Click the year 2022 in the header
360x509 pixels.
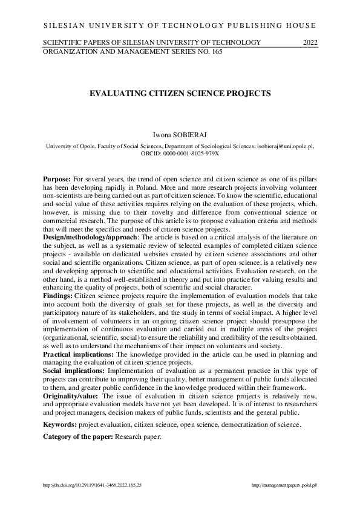click(x=309, y=42)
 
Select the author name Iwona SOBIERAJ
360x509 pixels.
click(x=180, y=136)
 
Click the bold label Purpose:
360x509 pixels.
click(x=57, y=181)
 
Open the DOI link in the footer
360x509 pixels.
click(x=92, y=485)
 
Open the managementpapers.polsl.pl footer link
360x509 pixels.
click(x=284, y=485)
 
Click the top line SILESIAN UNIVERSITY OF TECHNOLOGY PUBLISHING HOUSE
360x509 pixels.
click(x=180, y=25)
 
